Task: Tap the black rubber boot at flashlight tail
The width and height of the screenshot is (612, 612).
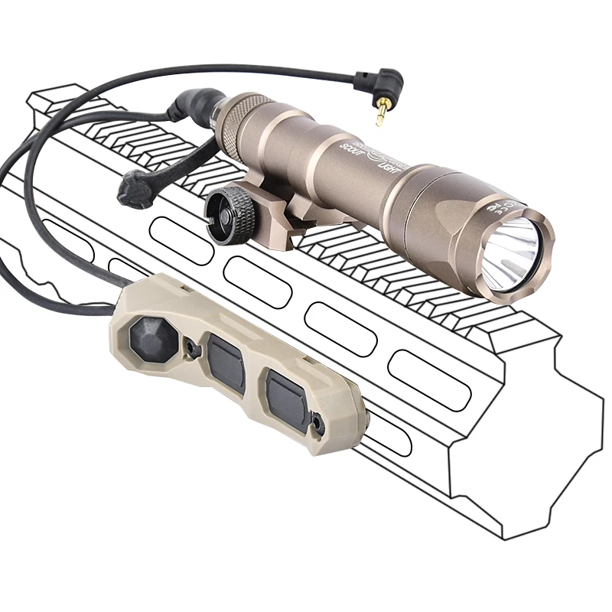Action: pyautogui.click(x=192, y=104)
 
